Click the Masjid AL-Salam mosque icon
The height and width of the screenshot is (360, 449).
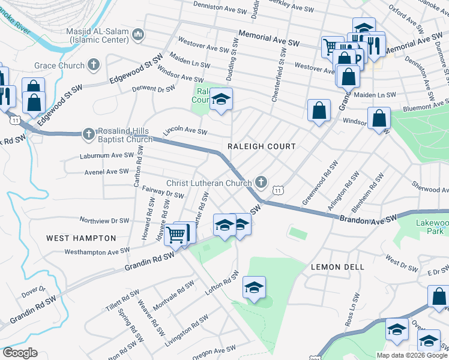139,35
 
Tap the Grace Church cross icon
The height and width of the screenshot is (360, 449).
93,64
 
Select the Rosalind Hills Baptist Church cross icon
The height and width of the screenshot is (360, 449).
88,134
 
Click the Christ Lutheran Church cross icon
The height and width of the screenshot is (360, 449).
261,182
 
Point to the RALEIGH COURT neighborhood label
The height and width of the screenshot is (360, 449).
262,146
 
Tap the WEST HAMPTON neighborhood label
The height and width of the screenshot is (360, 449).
81,238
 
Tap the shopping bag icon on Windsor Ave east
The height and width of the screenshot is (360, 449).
379,118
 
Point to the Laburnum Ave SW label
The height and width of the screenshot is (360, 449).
107,155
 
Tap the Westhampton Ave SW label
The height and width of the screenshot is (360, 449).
97,251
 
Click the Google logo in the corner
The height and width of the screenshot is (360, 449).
19,353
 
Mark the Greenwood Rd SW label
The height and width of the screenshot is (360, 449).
318,183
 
